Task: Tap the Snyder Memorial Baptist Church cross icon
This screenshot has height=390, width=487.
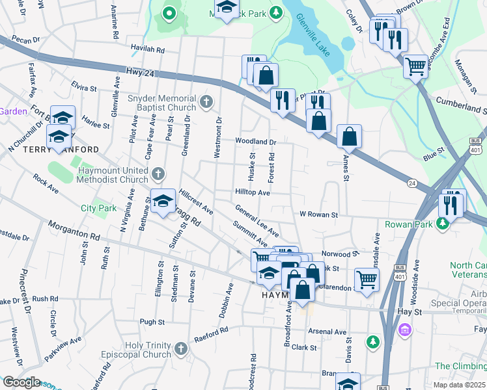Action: point(206,101)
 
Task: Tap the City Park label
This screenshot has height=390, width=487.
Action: point(97,208)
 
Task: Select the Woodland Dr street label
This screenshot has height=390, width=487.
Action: point(256,141)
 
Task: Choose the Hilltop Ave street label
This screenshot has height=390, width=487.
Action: point(252,193)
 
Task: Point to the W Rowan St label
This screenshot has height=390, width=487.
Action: point(318,214)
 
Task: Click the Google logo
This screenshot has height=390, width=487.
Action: point(21,382)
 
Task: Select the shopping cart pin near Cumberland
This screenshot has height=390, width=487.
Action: point(415,65)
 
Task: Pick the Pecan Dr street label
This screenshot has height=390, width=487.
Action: point(25,40)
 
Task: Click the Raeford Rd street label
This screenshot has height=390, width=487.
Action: point(212,335)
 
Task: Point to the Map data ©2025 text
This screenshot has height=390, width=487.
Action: point(459,385)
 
